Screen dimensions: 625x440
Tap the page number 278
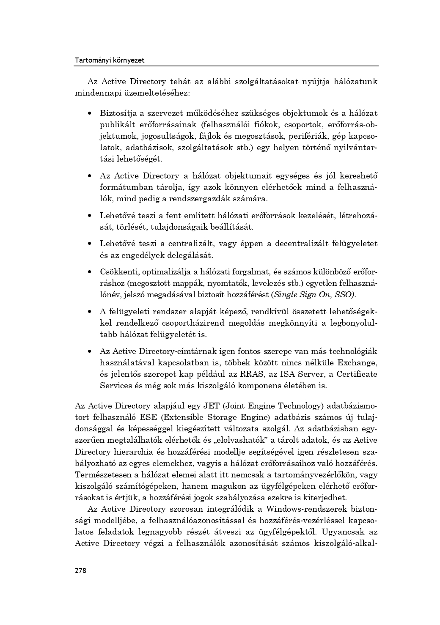tap(80, 570)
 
